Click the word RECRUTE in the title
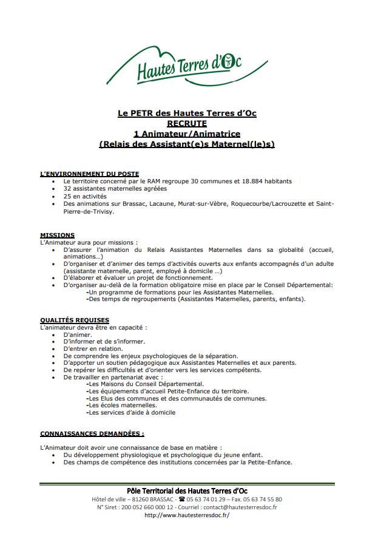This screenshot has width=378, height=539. (x=187, y=123)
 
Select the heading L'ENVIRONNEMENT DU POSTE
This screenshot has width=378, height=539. (x=89, y=174)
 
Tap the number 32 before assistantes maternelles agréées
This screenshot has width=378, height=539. (x=67, y=189)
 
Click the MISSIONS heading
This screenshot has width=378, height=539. (x=58, y=235)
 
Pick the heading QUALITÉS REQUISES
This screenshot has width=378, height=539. (x=75, y=320)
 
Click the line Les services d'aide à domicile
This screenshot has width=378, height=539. (x=132, y=412)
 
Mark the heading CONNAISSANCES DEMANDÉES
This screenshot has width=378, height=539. (x=92, y=434)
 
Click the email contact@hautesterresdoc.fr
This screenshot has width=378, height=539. (x=240, y=507)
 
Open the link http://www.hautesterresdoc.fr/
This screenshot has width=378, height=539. (x=187, y=515)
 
